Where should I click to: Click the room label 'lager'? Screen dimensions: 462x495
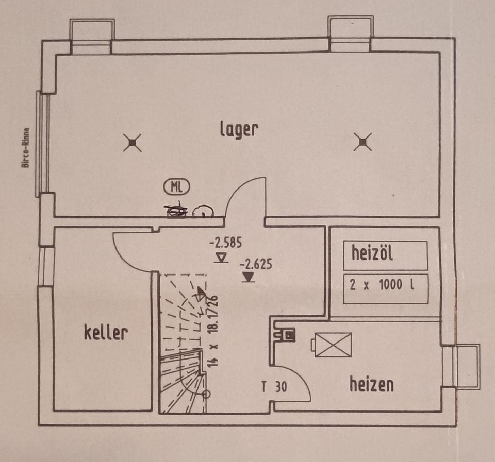point(238,129)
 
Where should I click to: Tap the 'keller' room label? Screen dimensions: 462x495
point(106,332)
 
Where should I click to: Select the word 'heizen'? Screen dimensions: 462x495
point(371,384)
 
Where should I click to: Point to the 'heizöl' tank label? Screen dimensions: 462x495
point(372,253)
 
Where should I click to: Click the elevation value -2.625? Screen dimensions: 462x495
point(256,265)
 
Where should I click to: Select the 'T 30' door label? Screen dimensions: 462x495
point(274,387)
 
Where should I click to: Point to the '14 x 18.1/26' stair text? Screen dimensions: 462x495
point(212,330)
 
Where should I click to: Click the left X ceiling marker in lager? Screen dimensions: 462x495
point(133,142)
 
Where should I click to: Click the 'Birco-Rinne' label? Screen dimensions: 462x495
point(25,147)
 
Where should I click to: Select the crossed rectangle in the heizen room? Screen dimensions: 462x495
point(333,344)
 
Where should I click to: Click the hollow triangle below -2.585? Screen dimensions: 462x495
point(221,256)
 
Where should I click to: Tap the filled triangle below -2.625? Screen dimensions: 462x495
point(249,278)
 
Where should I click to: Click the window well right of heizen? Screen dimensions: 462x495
point(468,367)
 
